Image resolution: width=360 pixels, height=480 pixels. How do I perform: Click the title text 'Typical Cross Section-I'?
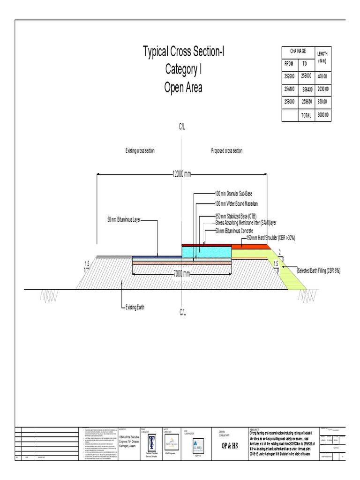(183, 52)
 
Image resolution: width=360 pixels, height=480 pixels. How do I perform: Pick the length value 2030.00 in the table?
(323, 89)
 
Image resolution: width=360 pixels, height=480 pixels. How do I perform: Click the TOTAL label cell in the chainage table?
(306, 114)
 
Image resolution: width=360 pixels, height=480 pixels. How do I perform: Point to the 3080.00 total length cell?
(323, 114)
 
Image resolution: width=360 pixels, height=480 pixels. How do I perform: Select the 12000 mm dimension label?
(182, 174)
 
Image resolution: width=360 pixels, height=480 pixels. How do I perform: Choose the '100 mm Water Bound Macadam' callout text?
(237, 203)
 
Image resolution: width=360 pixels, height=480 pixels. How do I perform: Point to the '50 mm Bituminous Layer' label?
(124, 219)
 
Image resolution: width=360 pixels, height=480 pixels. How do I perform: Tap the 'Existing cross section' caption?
(140, 151)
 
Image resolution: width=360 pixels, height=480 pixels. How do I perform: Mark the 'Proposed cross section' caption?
(227, 151)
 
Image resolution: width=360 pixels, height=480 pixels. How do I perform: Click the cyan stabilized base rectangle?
(206, 251)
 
